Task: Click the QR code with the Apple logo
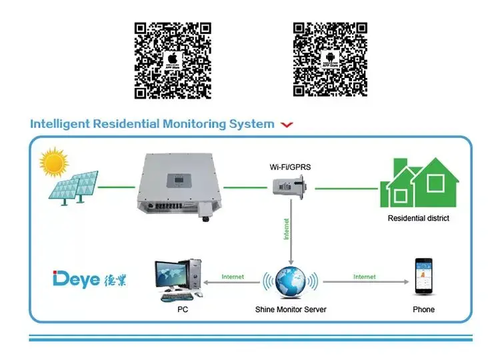[173, 60]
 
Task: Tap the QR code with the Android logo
[331, 60]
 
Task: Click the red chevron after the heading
[287, 125]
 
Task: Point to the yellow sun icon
[54, 163]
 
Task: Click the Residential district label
[419, 218]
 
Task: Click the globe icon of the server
[291, 281]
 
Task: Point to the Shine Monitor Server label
[291, 309]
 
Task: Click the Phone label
[424, 309]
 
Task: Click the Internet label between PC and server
[233, 276]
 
